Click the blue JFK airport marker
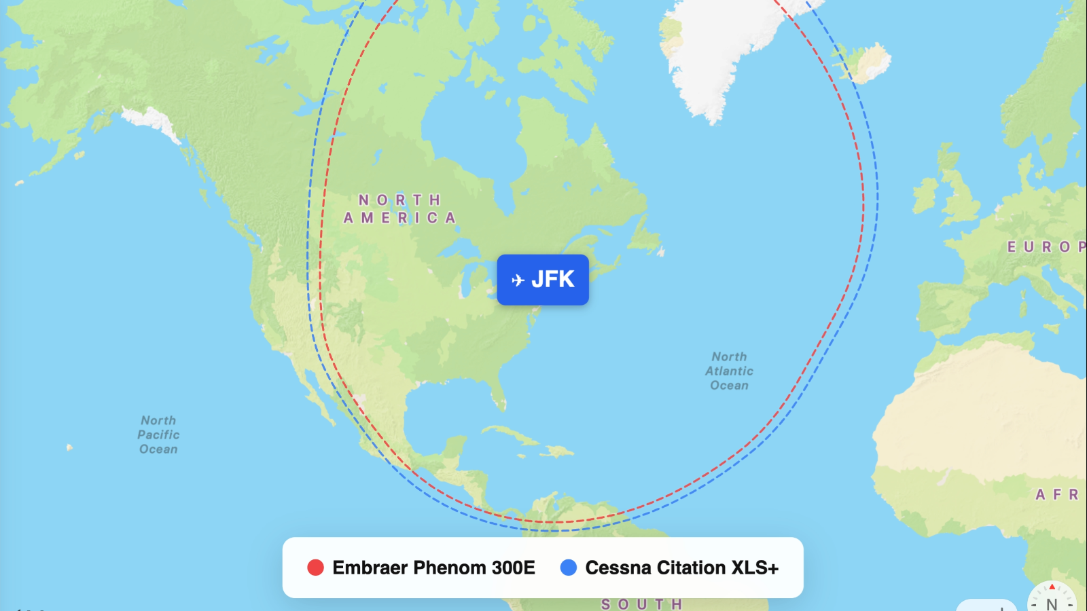click(543, 280)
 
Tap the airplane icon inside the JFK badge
click(518, 280)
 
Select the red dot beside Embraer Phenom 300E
click(315, 568)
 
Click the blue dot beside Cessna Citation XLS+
click(569, 568)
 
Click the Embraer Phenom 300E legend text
click(433, 568)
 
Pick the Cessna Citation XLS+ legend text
click(681, 568)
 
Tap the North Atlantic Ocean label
click(729, 371)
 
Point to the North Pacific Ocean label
click(158, 434)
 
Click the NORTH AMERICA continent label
click(399, 209)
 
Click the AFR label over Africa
click(1057, 494)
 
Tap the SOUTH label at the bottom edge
click(641, 604)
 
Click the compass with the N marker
click(1051, 598)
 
